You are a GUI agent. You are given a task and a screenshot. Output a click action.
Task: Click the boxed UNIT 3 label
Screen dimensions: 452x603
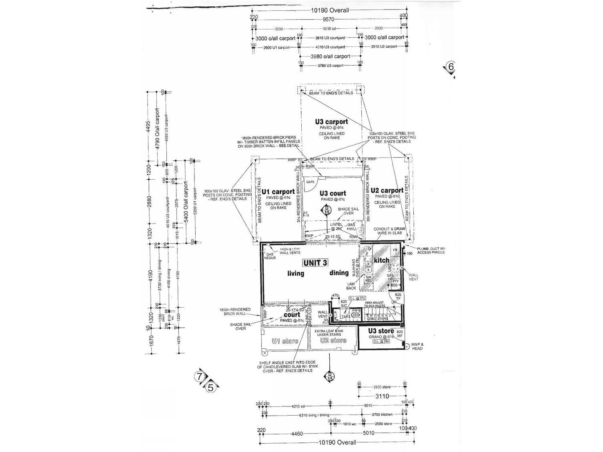point(315,262)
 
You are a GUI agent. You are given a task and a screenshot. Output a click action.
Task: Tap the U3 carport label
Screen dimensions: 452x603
point(331,122)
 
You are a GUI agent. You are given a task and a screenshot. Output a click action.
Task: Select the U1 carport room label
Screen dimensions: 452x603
point(278,192)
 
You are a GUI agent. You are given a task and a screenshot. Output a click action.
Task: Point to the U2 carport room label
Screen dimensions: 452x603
point(387,190)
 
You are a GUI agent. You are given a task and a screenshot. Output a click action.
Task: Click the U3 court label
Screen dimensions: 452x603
point(333,193)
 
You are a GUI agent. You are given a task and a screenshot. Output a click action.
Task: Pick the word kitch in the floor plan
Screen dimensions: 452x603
point(381,260)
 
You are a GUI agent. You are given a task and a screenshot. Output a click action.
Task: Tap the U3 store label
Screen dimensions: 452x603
point(381,331)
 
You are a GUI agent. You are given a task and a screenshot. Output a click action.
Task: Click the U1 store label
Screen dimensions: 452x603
point(284,341)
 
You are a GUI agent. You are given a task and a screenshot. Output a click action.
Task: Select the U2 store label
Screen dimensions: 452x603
point(333,340)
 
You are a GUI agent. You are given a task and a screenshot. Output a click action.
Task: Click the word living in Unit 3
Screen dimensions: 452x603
point(296,273)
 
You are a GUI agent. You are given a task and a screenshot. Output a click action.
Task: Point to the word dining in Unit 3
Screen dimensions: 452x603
point(339,273)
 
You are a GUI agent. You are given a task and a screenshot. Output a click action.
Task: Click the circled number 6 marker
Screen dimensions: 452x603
point(451,67)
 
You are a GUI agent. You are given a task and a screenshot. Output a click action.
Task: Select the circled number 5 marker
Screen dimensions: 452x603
point(211,387)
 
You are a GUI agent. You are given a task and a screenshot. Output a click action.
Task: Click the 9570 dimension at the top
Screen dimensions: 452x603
point(328,19)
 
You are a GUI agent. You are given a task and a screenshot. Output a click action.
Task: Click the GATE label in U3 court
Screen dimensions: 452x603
point(310,182)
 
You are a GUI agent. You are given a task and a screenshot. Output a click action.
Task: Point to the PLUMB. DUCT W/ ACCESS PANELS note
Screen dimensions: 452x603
point(431,250)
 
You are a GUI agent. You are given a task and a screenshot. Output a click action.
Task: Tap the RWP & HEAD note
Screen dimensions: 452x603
point(417,346)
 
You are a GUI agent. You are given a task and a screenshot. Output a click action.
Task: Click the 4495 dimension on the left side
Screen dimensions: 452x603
point(148,128)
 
